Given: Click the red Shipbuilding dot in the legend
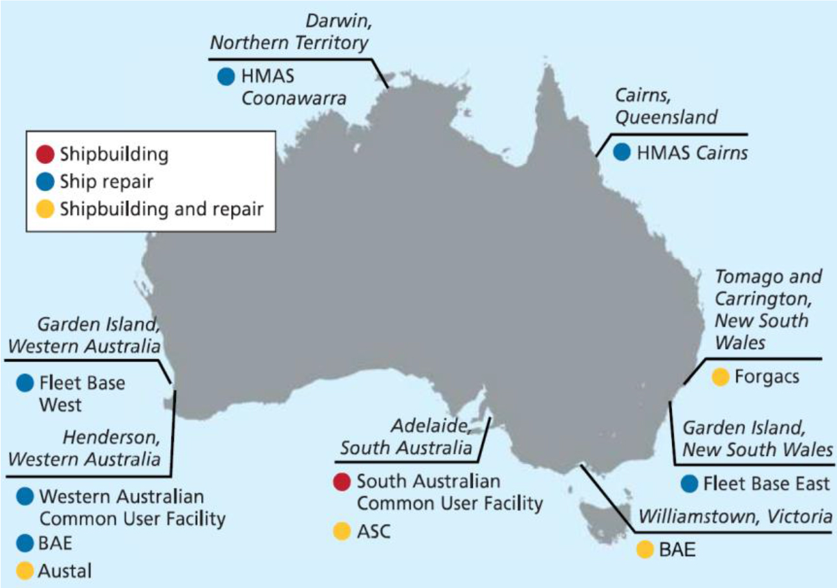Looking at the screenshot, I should (x=45, y=155).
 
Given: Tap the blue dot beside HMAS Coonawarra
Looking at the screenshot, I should (x=226, y=77).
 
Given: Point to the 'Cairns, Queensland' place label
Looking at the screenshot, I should (x=666, y=107).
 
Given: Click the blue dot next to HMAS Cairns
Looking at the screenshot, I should (x=622, y=152).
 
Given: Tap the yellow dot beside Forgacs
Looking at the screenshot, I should (x=719, y=376).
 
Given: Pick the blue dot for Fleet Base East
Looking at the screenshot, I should (x=690, y=484).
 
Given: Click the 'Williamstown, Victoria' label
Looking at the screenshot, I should (x=735, y=516).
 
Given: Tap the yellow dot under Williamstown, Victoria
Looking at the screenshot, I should (x=644, y=550).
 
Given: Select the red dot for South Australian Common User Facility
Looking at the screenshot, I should (x=342, y=482).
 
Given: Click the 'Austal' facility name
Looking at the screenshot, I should (x=65, y=571).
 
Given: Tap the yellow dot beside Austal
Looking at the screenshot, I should (x=25, y=571).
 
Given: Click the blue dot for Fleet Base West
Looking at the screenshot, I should (x=25, y=383).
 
